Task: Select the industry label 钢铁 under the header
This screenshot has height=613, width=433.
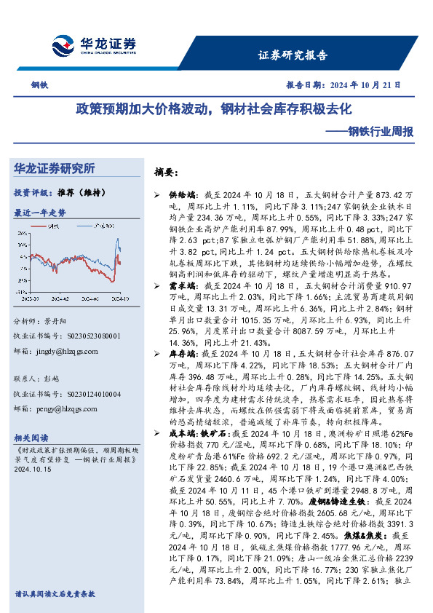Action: [x=39, y=84]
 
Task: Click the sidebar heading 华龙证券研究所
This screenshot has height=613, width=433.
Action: [x=55, y=169]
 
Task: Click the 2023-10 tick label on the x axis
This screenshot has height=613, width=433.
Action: [x=31, y=298]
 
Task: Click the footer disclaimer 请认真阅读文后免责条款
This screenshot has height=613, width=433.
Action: [x=55, y=595]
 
